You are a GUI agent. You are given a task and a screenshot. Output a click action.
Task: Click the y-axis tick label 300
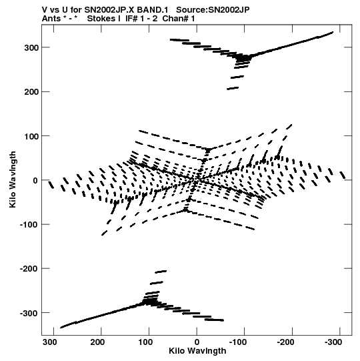31,47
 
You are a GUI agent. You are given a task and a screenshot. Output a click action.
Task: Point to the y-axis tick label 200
31,92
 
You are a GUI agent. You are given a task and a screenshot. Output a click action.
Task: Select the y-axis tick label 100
31,136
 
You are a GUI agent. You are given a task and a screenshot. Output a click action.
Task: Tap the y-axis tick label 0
35,180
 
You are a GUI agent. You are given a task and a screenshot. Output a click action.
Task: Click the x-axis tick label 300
50,342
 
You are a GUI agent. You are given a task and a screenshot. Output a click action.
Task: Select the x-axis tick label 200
97,342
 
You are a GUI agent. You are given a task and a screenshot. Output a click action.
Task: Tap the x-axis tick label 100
145,342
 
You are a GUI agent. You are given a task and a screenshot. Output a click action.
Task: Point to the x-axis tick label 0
197,342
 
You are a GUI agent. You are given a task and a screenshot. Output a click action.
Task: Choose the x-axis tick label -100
237,342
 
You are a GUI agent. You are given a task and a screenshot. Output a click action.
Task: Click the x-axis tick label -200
285,342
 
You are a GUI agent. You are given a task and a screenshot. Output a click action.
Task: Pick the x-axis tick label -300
333,342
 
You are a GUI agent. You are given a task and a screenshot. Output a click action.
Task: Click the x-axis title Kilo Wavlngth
197,351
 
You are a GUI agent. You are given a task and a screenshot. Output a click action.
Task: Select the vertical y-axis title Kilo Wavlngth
13,179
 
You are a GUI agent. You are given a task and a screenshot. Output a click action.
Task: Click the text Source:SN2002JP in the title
213,10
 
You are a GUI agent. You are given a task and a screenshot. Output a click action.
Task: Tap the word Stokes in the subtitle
104,19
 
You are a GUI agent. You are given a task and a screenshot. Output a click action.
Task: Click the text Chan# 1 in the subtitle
179,19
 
